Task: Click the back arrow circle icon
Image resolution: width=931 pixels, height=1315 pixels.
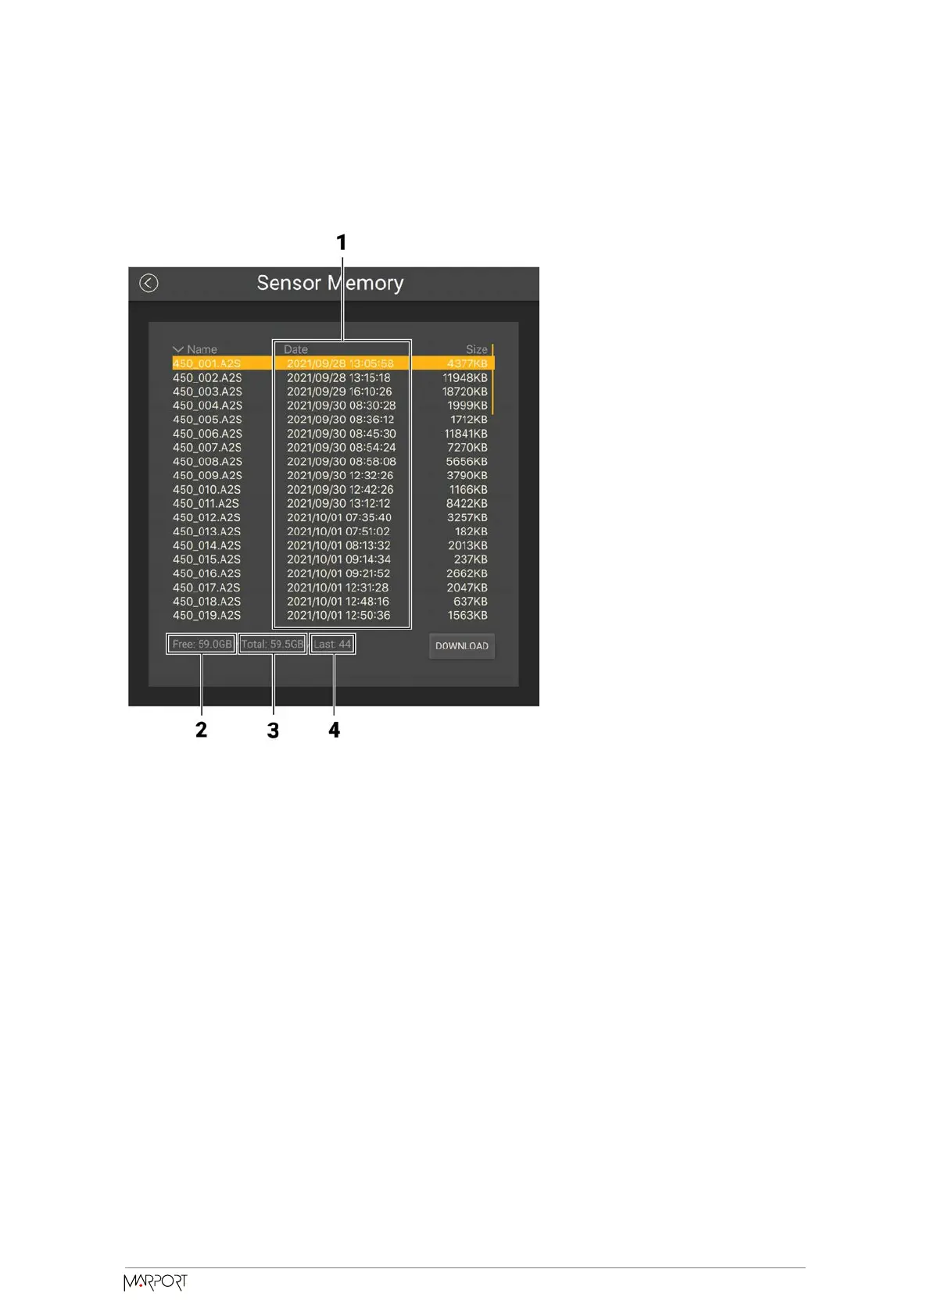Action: coord(149,283)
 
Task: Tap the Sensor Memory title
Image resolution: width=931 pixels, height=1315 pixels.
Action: coord(330,283)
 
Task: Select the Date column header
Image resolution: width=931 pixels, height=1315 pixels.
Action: coord(295,349)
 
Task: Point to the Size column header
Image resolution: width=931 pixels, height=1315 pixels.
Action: coord(476,349)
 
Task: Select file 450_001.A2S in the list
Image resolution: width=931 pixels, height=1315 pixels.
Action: coord(206,363)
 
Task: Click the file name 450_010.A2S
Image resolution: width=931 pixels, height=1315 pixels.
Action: coord(206,489)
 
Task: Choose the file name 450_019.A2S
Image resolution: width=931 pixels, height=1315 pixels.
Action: coord(206,615)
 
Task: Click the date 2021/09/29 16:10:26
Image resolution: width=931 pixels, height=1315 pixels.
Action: coord(339,391)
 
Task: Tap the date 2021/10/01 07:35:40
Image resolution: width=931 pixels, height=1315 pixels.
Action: coord(339,517)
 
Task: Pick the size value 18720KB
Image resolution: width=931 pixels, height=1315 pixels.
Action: coord(464,391)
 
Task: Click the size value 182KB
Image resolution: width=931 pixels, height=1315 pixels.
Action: coord(471,531)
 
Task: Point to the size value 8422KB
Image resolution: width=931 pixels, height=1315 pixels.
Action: coord(467,503)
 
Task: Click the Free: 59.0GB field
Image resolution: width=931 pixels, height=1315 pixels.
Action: coord(202,645)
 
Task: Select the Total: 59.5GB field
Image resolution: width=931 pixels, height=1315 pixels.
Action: coord(272,645)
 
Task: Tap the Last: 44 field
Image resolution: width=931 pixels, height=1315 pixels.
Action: coord(332,645)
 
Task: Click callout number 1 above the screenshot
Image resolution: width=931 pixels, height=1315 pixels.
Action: coord(341,243)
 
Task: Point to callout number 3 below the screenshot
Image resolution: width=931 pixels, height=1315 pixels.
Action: coord(273,731)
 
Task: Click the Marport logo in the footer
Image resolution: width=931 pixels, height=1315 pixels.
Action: coord(156,1282)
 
